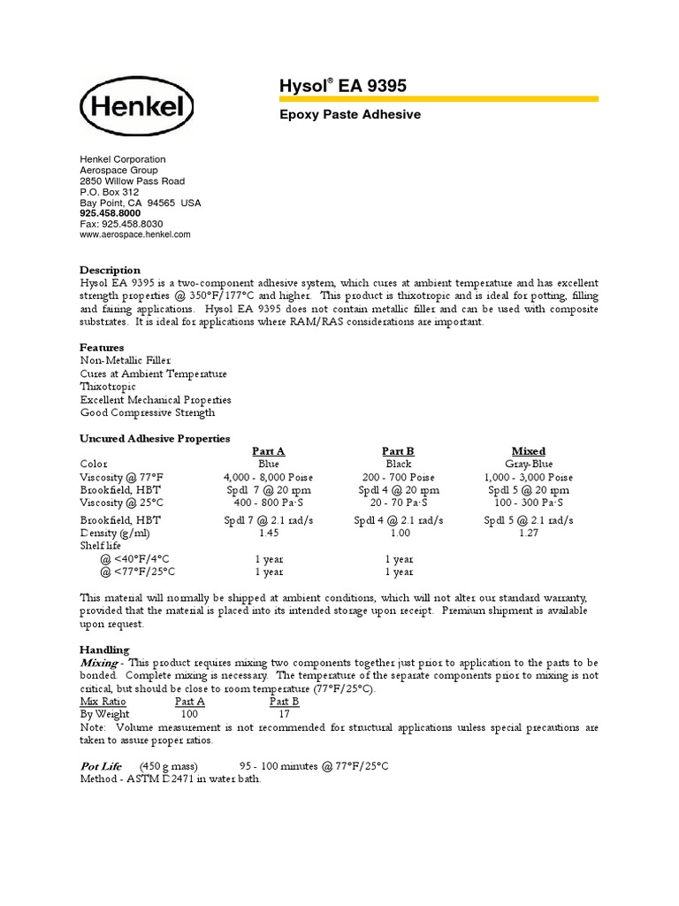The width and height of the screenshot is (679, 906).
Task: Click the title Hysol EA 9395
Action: pos(331,86)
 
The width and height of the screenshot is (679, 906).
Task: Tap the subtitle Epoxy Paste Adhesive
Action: pos(350,115)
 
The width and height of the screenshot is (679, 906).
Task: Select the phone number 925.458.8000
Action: pos(110,213)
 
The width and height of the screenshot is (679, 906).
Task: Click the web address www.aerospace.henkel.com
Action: pos(134,234)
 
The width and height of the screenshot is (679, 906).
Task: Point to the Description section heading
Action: pos(110,270)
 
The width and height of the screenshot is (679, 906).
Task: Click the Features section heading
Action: pos(102,347)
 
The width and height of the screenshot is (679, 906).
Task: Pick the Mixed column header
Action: pos(528,451)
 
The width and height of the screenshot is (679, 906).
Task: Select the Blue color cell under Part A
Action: pos(268,464)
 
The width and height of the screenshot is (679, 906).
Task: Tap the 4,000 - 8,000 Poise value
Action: pos(268,477)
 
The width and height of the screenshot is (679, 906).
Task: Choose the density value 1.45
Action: pos(268,534)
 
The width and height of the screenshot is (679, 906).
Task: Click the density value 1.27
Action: pos(528,534)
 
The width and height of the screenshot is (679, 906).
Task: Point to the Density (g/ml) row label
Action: pos(115,534)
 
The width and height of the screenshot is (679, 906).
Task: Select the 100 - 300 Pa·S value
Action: pos(528,503)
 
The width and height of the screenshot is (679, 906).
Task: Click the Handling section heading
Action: pos(104,649)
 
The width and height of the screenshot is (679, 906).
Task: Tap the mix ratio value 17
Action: pos(284,714)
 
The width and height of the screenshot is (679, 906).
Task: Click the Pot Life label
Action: pos(101,765)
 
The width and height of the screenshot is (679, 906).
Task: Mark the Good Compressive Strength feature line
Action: pos(147,412)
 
